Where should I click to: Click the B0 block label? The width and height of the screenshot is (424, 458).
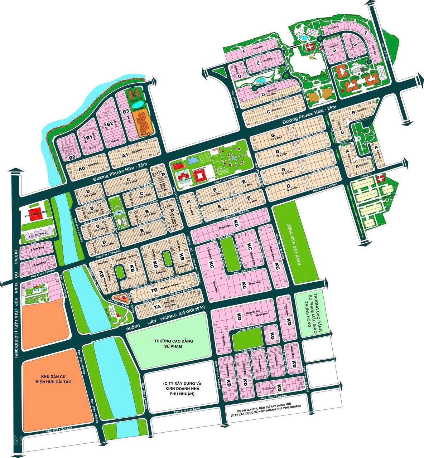[72, 157]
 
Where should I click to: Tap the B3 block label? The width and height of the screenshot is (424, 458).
[126, 111]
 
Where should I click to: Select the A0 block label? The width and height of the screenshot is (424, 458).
[82, 169]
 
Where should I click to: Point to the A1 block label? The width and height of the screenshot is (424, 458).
[125, 155]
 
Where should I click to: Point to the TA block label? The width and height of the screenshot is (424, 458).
[156, 307]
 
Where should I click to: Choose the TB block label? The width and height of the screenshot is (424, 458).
[154, 290]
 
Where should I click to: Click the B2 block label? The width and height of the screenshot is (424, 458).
[110, 124]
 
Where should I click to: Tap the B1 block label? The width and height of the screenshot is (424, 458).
[90, 137]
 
